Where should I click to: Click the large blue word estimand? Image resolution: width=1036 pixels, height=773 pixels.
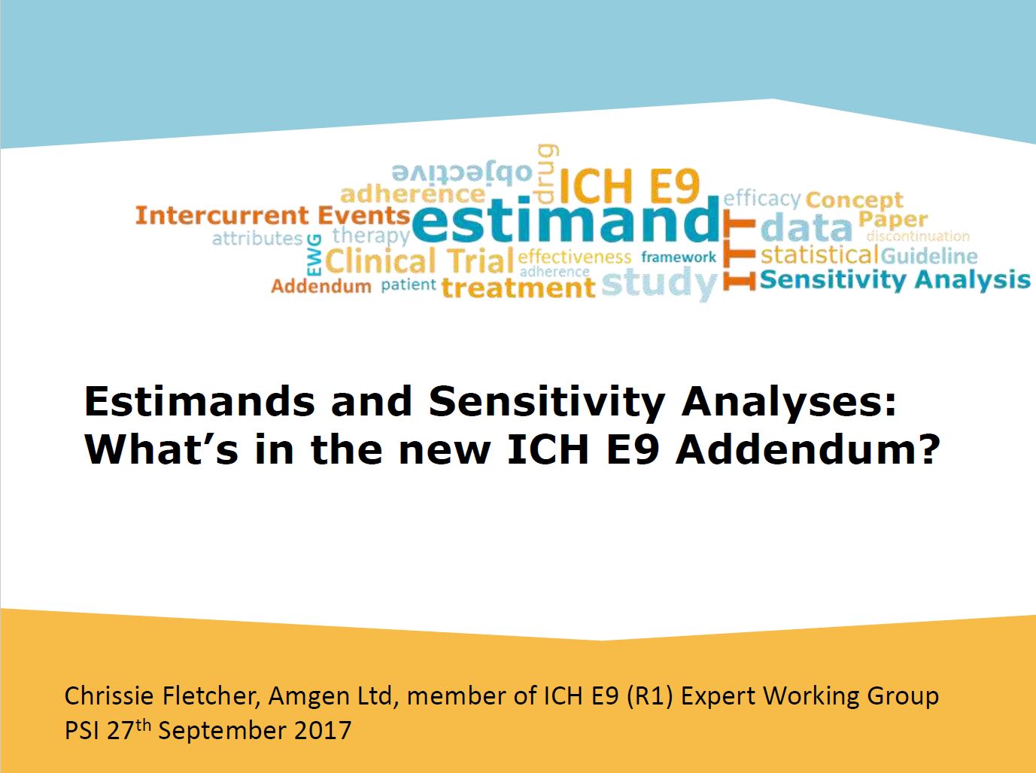566,219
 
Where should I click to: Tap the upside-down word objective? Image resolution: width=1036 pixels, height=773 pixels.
462,173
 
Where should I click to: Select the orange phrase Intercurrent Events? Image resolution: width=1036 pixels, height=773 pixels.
273,215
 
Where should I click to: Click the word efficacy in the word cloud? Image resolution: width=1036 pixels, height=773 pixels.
762,199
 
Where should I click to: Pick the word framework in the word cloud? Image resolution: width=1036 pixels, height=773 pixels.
678,257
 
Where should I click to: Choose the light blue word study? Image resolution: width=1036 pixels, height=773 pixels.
659,283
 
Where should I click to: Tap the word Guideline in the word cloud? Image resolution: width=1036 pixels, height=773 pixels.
929,256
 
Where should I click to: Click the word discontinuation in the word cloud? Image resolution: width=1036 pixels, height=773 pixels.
918,236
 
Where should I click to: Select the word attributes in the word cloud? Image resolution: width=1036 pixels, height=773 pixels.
257,239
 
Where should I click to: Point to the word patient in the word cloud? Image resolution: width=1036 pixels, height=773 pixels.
409,285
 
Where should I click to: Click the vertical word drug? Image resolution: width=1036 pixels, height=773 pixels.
546,173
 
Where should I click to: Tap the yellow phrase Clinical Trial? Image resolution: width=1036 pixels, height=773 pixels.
419,261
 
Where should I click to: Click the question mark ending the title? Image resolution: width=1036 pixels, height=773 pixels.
930,449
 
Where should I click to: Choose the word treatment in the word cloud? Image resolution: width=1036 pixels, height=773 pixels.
518,288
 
